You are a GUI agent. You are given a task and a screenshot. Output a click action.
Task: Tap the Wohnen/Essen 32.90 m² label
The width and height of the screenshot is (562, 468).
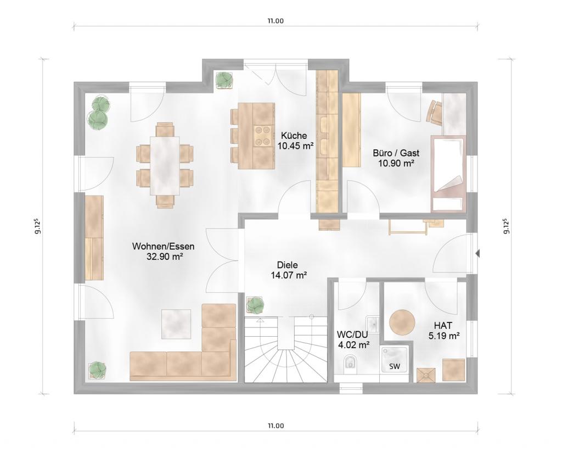click(164, 252)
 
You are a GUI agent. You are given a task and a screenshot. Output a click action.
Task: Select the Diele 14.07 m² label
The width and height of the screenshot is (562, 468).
click(288, 270)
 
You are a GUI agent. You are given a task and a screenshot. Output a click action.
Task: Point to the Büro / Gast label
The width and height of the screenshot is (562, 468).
click(396, 153)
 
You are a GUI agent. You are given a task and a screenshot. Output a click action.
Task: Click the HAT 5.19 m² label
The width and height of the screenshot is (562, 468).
click(444, 331)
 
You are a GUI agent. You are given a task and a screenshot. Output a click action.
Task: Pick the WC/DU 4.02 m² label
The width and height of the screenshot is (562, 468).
click(353, 339)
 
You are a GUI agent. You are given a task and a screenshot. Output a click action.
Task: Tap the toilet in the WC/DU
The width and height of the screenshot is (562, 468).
click(350, 363)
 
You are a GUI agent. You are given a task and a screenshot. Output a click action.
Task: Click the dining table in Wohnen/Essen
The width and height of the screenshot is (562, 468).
click(165, 165)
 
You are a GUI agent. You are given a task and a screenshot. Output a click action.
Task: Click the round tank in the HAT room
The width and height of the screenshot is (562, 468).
click(402, 322)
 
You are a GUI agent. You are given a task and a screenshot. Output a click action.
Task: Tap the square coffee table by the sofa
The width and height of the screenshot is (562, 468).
click(176, 324)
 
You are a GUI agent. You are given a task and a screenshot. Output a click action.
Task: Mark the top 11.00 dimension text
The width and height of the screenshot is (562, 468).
click(276, 21)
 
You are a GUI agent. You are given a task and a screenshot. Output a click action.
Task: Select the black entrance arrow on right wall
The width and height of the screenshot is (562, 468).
click(477, 254)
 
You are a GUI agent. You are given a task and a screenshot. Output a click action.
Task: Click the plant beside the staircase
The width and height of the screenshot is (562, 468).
click(255, 305)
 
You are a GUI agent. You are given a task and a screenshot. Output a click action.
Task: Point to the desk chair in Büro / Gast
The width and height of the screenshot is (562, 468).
click(435, 112)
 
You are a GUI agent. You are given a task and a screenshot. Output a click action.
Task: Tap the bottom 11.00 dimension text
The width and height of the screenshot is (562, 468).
click(276, 426)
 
